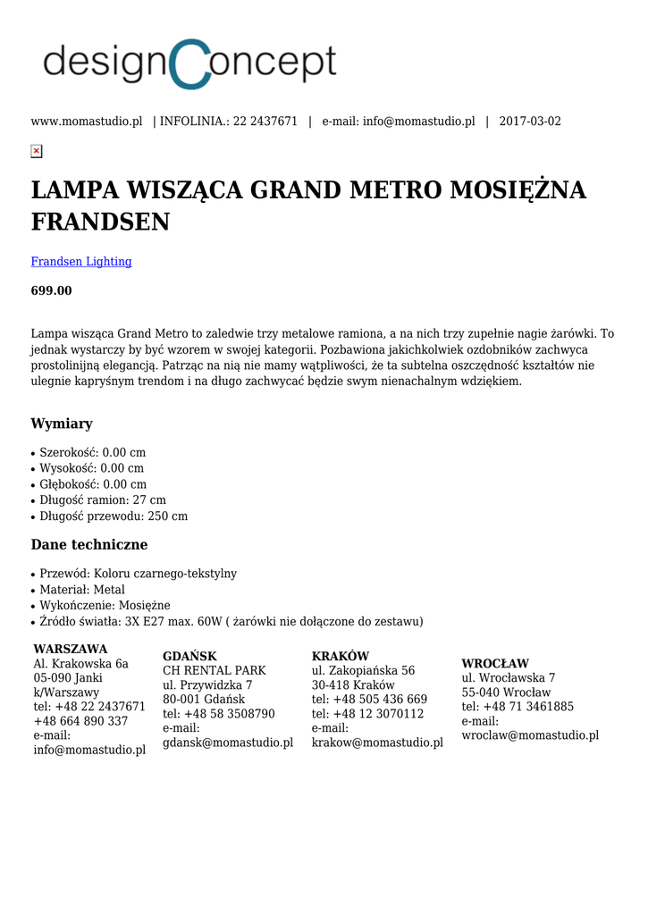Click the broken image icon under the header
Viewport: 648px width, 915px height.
click(x=37, y=151)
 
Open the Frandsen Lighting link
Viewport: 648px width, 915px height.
click(x=81, y=262)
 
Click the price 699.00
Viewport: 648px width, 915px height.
click(x=52, y=291)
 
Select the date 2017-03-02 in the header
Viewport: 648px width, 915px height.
click(x=530, y=122)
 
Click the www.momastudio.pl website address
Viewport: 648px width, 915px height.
click(x=87, y=122)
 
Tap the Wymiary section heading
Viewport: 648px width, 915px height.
click(x=62, y=424)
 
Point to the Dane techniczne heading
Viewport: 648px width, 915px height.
click(x=89, y=545)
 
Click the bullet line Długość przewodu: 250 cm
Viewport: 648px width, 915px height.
click(x=114, y=516)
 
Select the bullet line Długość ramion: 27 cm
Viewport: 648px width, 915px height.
click(x=103, y=500)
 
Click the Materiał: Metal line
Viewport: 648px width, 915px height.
click(x=82, y=590)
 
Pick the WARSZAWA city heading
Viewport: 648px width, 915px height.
click(x=71, y=649)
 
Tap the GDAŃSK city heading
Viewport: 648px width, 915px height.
click(x=189, y=656)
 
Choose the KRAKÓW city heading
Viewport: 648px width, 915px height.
click(x=341, y=656)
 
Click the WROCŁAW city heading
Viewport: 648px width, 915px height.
click(x=495, y=664)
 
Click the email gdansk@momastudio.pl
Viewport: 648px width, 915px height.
click(x=228, y=743)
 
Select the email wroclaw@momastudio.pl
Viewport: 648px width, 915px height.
click(x=530, y=735)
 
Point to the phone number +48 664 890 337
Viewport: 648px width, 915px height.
click(x=80, y=721)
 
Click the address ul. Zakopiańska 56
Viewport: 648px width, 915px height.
click(x=363, y=670)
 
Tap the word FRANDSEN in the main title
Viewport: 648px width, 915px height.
click(x=100, y=222)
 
